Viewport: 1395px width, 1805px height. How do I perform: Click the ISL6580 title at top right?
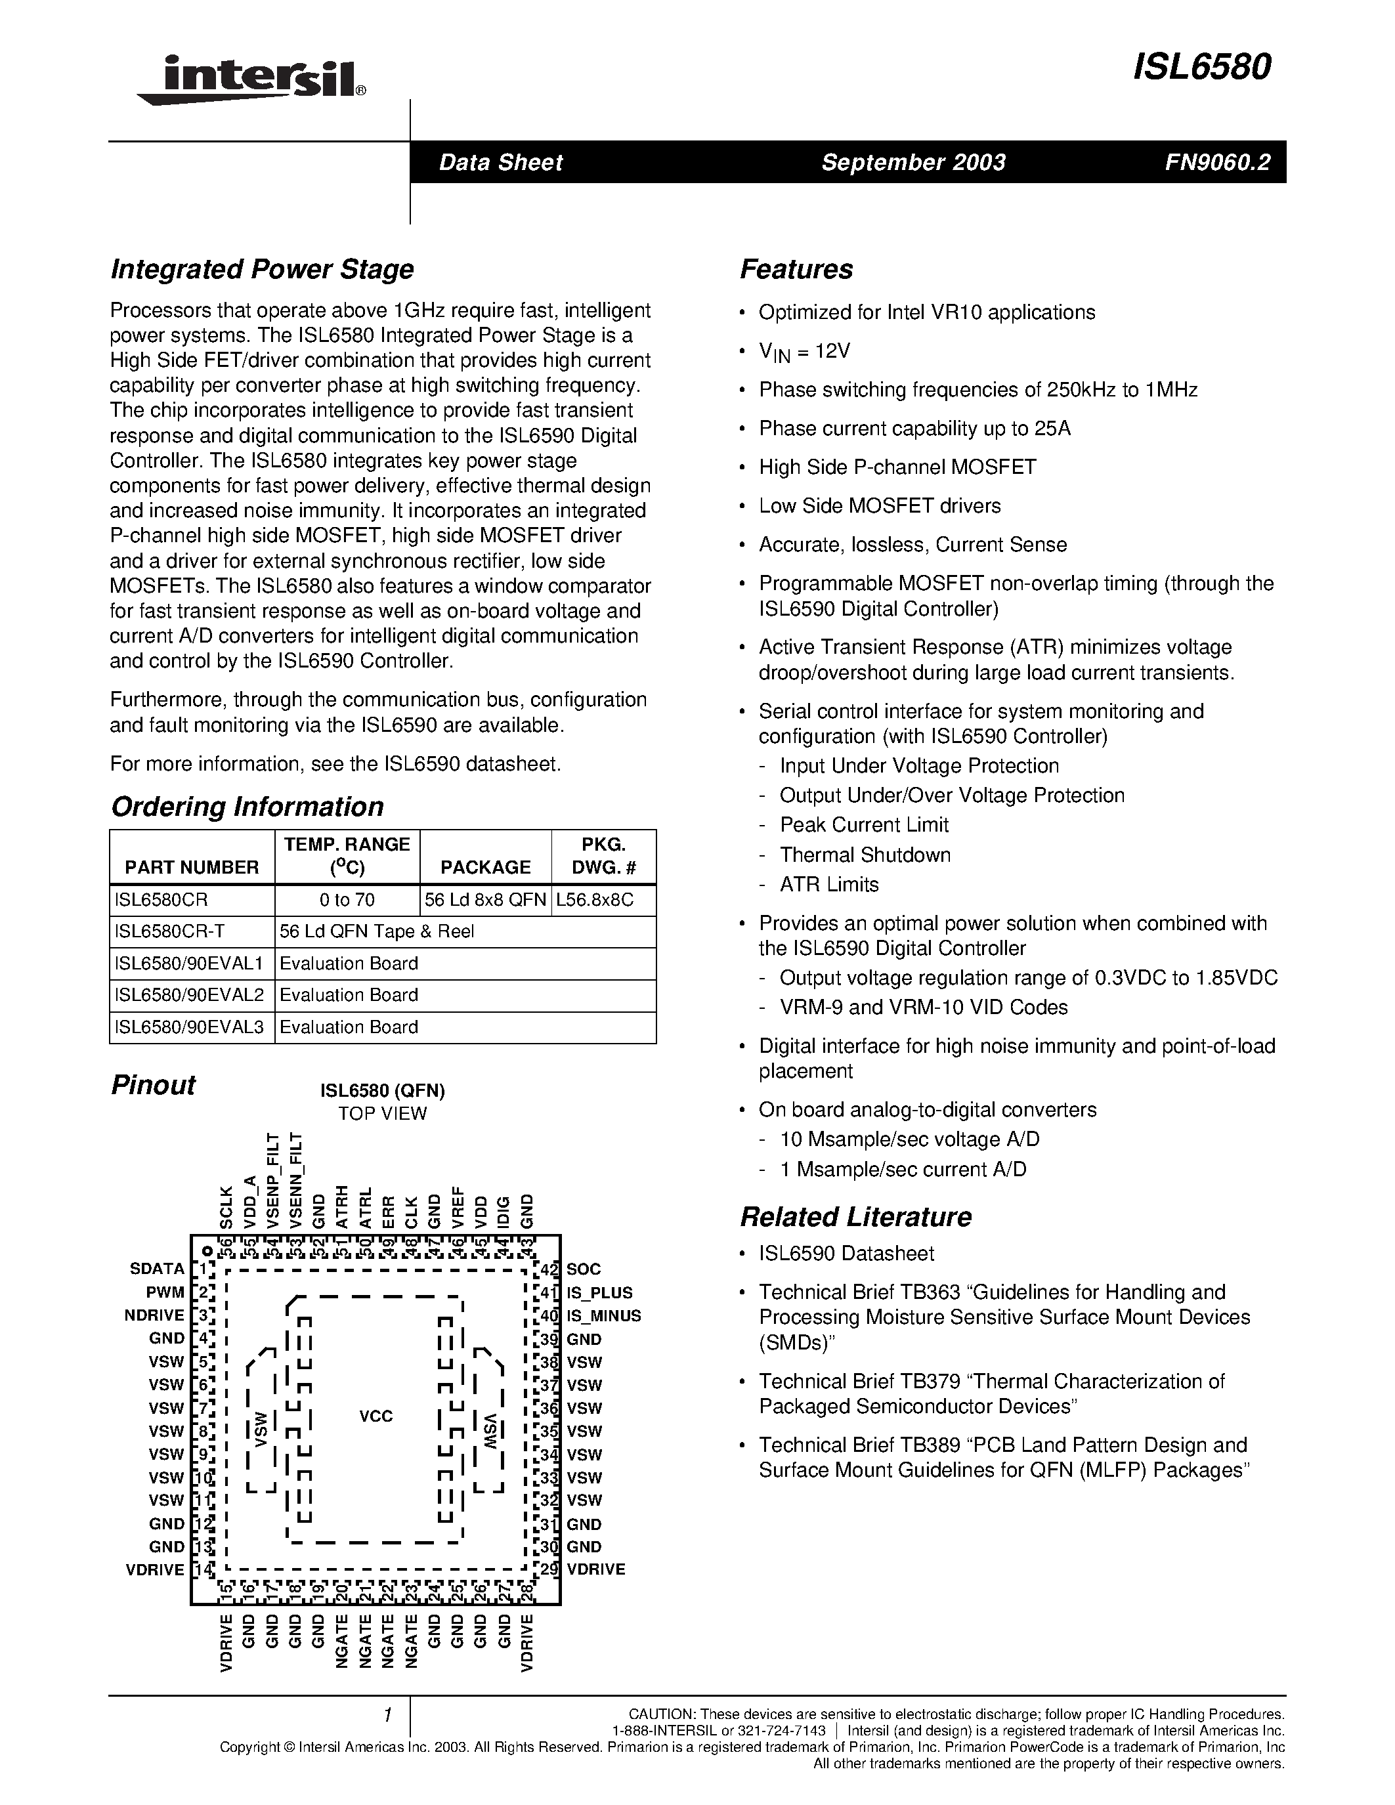click(x=1201, y=68)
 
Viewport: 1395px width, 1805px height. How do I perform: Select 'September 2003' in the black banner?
click(x=913, y=162)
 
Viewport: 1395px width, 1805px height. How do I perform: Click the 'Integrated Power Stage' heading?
click(x=262, y=269)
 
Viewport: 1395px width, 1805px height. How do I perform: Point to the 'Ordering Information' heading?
click(x=247, y=807)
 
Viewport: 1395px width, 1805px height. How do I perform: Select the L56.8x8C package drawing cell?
click(x=595, y=900)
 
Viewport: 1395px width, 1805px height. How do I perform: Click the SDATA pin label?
click(x=156, y=1269)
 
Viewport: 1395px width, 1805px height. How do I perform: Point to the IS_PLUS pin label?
click(x=599, y=1292)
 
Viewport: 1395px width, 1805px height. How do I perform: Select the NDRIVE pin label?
click(x=154, y=1316)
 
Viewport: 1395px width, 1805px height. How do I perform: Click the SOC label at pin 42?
click(x=584, y=1269)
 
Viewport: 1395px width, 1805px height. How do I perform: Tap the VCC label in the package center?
click(x=376, y=1416)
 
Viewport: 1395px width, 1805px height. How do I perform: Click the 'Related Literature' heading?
click(x=855, y=1218)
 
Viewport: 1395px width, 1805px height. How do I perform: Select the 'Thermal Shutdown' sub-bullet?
click(x=865, y=855)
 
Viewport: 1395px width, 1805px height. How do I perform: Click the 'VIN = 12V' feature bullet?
click(x=804, y=351)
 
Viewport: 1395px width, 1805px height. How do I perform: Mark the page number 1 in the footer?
click(x=386, y=1716)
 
